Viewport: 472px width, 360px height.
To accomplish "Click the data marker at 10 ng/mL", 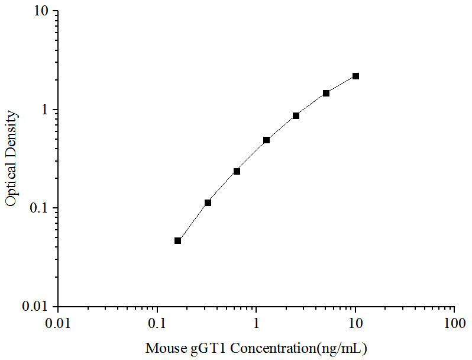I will tap(355, 76).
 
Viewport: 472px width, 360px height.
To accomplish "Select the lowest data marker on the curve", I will tap(177, 240).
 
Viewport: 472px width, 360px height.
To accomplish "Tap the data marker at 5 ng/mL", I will tap(326, 93).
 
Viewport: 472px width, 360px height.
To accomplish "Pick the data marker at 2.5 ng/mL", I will tap(296, 115).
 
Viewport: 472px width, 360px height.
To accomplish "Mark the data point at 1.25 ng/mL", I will tap(266, 140).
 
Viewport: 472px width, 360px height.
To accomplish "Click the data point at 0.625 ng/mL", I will tap(237, 171).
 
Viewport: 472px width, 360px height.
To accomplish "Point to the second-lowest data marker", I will tap(208, 202).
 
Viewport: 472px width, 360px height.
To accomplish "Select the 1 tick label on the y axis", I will tap(47, 110).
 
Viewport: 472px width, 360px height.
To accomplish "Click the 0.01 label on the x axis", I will tap(58, 323).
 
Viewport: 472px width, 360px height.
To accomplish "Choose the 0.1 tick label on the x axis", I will tap(157, 323).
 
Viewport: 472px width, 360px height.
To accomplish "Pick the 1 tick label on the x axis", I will tap(256, 323).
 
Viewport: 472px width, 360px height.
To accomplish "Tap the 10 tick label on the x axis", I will tap(355, 323).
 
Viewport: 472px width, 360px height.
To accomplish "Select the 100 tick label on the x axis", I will tap(454, 323).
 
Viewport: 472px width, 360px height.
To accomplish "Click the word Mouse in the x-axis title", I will tap(164, 348).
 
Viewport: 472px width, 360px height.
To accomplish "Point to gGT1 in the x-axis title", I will tap(206, 348).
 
